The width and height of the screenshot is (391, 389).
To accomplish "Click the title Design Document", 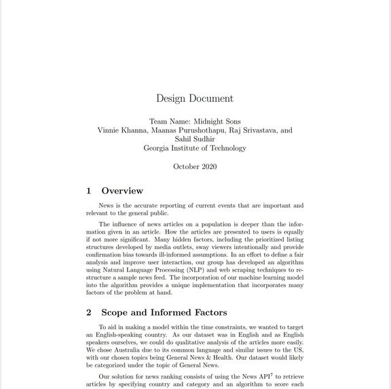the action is coord(195,98).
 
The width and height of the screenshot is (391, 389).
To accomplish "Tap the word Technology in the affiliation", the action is coord(225,148).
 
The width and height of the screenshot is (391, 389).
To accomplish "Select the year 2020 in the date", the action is coord(208,166).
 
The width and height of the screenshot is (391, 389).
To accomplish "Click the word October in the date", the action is coord(185,166).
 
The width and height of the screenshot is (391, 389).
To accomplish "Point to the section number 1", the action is coord(89,191).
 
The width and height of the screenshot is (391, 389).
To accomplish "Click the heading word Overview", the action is coord(122,191).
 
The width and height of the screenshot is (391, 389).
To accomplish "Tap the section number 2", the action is coord(89,312).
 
